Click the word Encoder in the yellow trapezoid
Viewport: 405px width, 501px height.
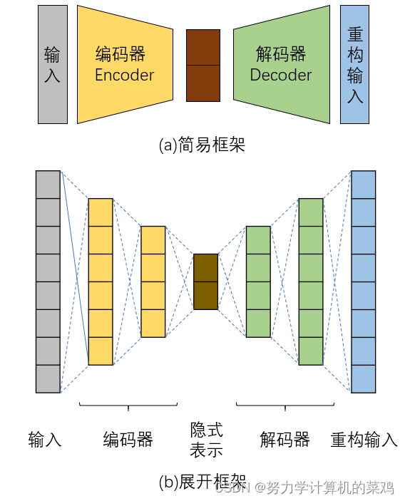point(124,75)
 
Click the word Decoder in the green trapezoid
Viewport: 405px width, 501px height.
point(280,75)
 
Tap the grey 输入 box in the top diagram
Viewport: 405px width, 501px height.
point(52,65)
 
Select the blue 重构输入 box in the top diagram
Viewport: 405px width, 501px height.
point(354,65)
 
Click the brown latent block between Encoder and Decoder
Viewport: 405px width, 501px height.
point(202,65)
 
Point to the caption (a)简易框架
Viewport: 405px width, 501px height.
point(202,145)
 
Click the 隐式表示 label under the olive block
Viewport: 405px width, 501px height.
point(206,440)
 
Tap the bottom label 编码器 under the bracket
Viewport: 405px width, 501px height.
point(128,439)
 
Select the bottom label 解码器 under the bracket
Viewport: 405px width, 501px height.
point(284,439)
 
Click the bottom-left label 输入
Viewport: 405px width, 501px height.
point(45,439)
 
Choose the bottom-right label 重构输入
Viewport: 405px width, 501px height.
point(364,439)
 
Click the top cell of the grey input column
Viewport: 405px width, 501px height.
point(48,185)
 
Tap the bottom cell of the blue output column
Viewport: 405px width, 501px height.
point(363,378)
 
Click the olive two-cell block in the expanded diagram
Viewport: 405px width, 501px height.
point(205,282)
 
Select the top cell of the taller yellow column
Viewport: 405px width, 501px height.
point(101,212)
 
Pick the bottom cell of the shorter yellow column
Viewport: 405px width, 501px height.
point(153,323)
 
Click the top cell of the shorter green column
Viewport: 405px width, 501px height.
point(258,239)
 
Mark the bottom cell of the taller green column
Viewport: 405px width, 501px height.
point(310,351)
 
